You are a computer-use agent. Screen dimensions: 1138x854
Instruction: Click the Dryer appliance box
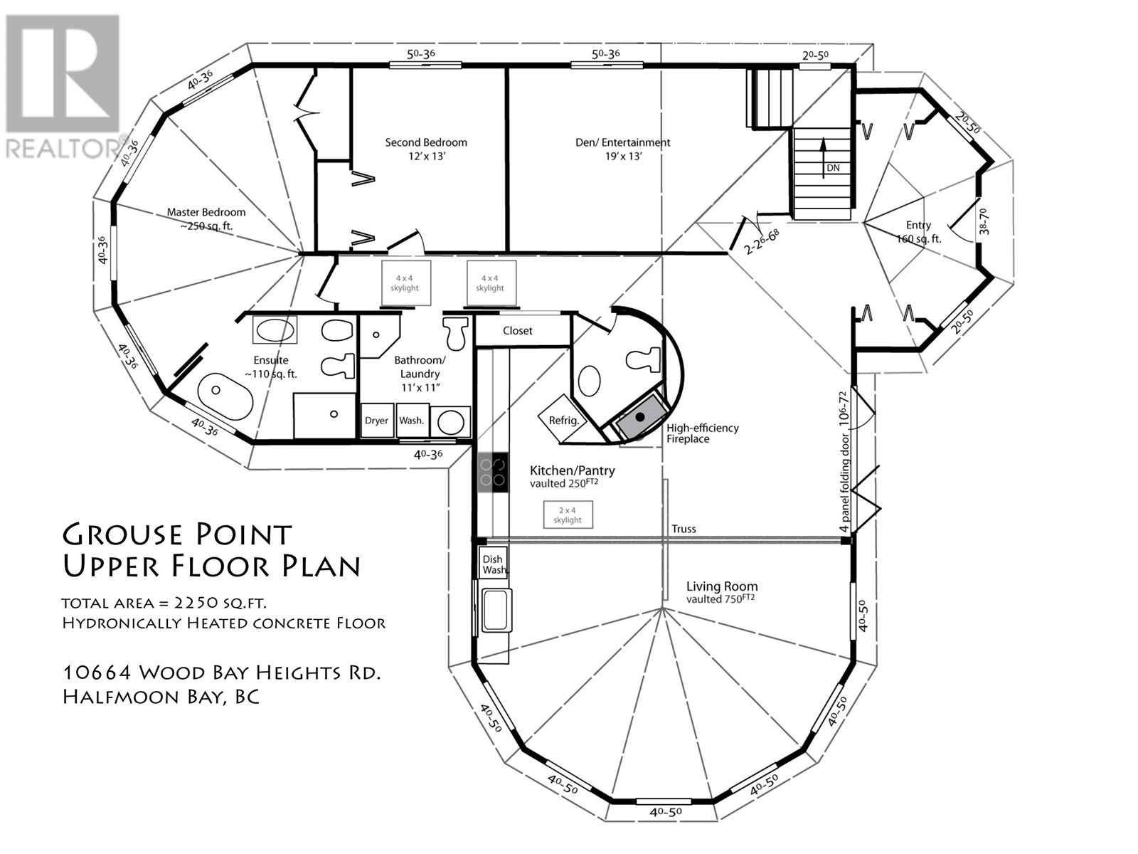click(377, 420)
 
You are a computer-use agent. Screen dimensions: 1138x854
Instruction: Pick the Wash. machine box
click(412, 420)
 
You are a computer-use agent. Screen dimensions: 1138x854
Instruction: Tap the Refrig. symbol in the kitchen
click(563, 419)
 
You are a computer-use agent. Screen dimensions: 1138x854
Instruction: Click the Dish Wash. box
click(492, 564)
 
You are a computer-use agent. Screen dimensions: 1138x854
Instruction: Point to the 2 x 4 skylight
click(568, 515)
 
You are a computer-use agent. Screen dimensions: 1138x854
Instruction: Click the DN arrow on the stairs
click(823, 158)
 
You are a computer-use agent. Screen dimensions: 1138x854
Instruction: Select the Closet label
click(517, 331)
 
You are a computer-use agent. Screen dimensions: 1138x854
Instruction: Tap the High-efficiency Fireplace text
click(703, 433)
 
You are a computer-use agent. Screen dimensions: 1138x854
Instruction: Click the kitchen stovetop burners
click(492, 472)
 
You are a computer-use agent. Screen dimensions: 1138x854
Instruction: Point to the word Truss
click(684, 529)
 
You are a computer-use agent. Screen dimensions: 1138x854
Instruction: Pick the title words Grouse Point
click(177, 534)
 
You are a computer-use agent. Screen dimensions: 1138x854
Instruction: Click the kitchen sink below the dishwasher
click(496, 610)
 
